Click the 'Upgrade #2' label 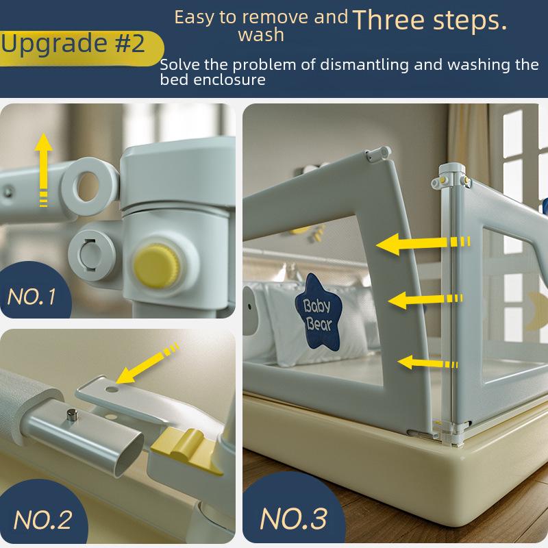(73, 44)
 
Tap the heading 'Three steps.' (430, 21)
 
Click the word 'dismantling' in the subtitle (364, 64)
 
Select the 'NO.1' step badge (32, 297)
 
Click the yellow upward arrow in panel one (43, 170)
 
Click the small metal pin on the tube (72, 415)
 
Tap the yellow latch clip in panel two (186, 450)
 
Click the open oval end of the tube (129, 455)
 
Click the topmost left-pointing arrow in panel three (423, 243)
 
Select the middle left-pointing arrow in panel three (425, 300)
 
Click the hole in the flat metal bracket (112, 389)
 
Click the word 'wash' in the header (261, 36)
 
